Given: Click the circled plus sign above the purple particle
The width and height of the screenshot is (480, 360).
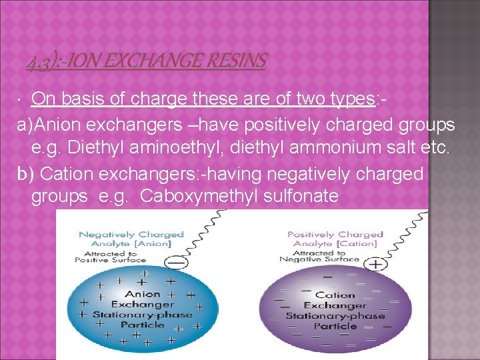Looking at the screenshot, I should [x=377, y=265].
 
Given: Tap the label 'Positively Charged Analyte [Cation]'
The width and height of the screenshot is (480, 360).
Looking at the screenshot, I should [x=335, y=239].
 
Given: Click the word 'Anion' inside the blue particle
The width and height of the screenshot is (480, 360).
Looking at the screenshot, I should [x=143, y=294].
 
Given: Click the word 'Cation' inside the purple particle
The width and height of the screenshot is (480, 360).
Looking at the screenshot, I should [x=335, y=294].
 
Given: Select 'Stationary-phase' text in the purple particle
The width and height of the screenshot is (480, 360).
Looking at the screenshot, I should [x=335, y=315].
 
